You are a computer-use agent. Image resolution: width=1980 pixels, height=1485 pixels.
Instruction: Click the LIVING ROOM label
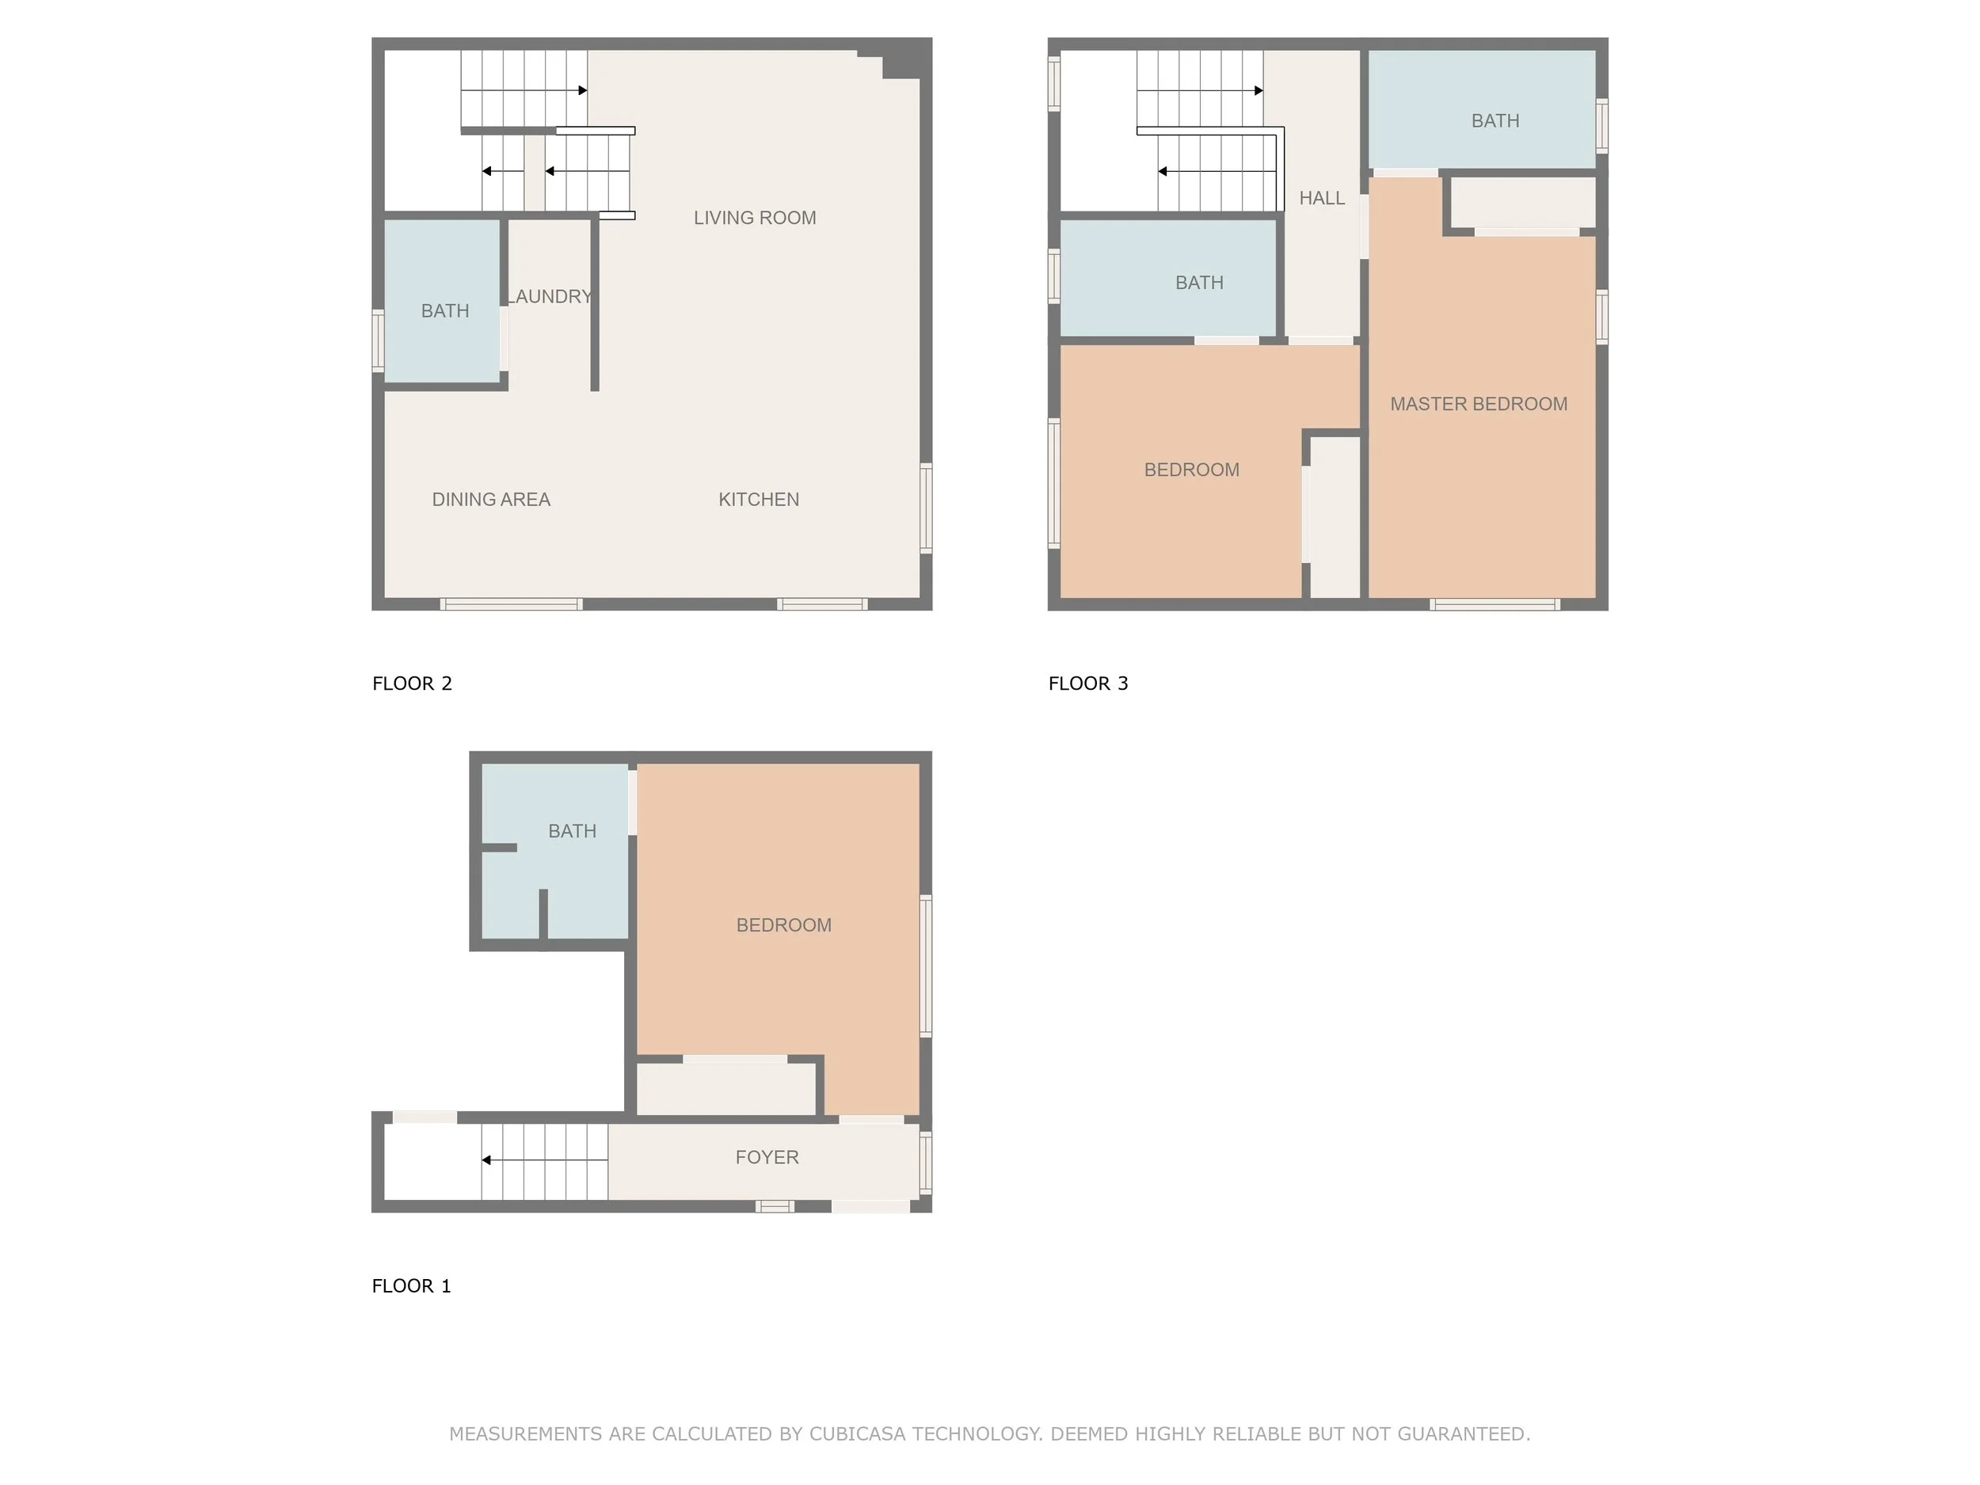click(755, 218)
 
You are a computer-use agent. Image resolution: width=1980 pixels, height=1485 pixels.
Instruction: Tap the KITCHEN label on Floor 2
click(759, 500)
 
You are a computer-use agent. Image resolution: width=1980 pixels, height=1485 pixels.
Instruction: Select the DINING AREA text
click(491, 500)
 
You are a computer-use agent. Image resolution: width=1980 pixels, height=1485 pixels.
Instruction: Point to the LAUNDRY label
click(550, 296)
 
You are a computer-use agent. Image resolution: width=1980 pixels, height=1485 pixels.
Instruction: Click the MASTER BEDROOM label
click(1479, 404)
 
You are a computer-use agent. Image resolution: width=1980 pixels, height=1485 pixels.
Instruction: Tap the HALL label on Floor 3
click(1322, 198)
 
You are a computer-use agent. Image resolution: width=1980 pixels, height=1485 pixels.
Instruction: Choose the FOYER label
click(767, 1157)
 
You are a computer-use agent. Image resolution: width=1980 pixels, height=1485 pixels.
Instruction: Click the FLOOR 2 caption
click(412, 683)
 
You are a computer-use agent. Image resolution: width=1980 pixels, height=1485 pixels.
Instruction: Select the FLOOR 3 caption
click(1088, 683)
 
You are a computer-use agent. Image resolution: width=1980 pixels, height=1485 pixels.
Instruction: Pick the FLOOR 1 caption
click(412, 1286)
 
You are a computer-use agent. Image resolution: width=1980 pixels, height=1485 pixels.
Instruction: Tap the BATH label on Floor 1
click(572, 832)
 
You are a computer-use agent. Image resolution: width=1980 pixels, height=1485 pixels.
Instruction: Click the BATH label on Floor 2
click(445, 310)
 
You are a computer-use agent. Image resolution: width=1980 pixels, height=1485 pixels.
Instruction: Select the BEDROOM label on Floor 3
click(1192, 470)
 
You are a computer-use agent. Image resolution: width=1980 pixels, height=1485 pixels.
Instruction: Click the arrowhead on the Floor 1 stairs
click(486, 1160)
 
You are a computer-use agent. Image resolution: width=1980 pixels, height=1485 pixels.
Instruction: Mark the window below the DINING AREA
click(512, 604)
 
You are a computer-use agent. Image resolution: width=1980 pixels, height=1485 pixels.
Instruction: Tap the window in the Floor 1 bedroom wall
click(927, 965)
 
